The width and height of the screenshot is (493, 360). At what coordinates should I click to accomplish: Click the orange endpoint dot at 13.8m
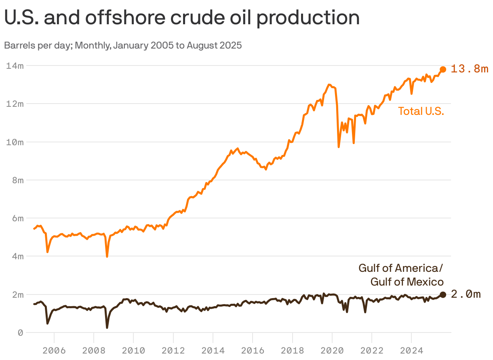(443, 69)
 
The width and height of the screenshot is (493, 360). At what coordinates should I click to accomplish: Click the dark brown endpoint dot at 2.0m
(443, 294)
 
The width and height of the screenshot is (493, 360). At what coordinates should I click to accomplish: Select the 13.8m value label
(470, 69)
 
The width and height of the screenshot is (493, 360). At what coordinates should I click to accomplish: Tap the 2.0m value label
(466, 294)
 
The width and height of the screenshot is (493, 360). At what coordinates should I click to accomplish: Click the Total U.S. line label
(421, 111)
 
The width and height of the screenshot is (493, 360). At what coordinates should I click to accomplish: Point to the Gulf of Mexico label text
(407, 282)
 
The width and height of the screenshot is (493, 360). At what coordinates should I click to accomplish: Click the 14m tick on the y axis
(15, 66)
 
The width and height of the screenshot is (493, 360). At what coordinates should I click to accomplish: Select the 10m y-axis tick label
(15, 142)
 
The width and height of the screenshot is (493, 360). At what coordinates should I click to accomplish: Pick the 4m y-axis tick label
(17, 256)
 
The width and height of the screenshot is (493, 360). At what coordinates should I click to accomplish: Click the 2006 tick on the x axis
(54, 350)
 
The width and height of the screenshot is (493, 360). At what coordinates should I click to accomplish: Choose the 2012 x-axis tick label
(173, 350)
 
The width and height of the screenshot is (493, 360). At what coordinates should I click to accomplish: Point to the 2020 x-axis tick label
(332, 350)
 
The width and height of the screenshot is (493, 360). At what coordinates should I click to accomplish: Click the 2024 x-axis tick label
(411, 350)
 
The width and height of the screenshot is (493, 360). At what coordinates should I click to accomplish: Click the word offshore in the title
(133, 18)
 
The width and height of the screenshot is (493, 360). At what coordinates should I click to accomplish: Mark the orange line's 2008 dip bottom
(107, 256)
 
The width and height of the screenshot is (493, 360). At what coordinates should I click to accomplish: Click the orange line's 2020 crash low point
(339, 146)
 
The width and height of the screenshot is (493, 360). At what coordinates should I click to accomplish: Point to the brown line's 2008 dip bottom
(107, 327)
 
